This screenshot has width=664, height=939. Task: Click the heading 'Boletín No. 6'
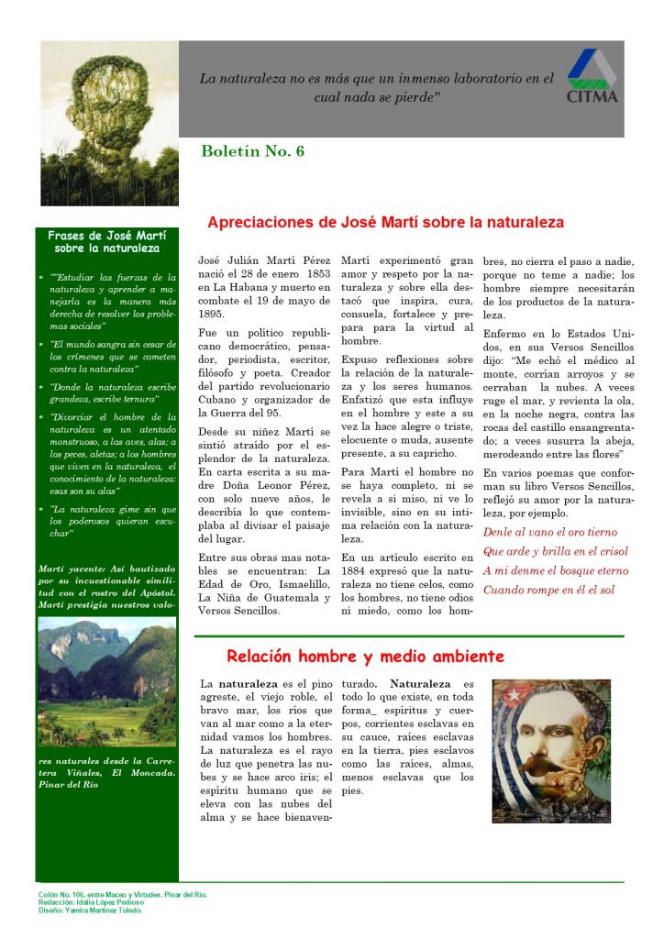[252, 151]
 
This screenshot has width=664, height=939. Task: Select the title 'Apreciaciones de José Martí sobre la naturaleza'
[385, 222]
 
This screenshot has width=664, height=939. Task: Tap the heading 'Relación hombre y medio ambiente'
[365, 657]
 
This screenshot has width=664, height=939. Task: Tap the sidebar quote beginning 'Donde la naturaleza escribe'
[105, 392]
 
